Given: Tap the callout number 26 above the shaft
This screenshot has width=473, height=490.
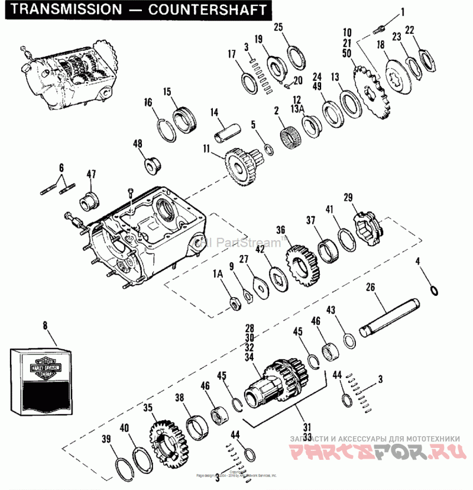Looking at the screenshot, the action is pyautogui.click(x=371, y=288).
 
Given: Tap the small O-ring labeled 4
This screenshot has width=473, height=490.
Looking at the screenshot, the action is pyautogui.click(x=434, y=289).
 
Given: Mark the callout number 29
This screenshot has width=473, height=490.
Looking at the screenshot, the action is pyautogui.click(x=348, y=197).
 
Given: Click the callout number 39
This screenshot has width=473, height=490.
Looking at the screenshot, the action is pyautogui.click(x=106, y=438).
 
